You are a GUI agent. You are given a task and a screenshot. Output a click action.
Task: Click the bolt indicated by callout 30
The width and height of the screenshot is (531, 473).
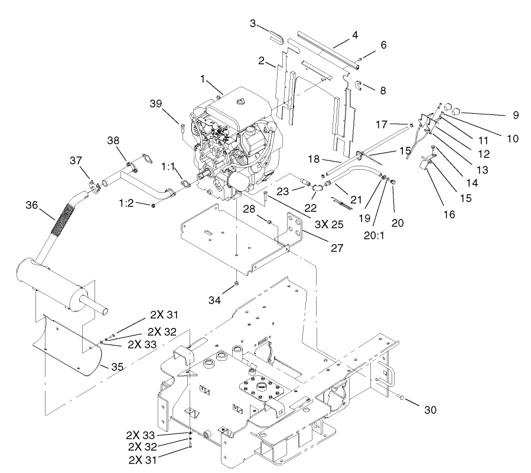[400, 399]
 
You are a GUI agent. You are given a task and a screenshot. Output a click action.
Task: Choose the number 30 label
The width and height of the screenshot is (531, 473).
[431, 410]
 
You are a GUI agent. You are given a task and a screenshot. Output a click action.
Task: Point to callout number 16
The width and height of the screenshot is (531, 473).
[449, 214]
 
